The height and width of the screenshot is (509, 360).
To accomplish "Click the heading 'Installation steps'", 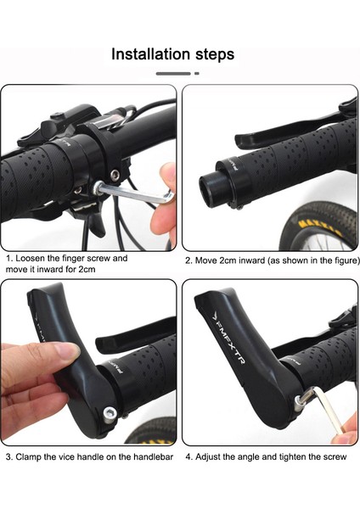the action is [x=173, y=54].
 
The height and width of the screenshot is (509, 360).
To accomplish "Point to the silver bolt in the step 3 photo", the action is [x=110, y=413].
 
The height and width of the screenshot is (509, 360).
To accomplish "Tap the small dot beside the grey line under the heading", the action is [x=197, y=74].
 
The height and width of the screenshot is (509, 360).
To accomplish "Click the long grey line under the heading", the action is [x=173, y=74].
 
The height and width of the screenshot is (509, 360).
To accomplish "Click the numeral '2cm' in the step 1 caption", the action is [x=87, y=270].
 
